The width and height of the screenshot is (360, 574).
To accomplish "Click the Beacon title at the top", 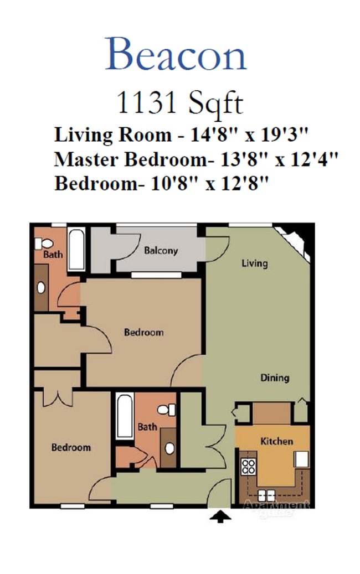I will (176, 54).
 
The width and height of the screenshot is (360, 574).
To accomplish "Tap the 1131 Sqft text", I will (179, 103).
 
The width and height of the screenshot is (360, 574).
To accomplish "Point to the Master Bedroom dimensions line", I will (196, 159).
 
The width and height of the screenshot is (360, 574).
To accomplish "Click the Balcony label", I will (161, 251).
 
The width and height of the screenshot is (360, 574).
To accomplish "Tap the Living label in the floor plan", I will (254, 263).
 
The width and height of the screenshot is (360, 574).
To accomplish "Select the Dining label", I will (275, 378).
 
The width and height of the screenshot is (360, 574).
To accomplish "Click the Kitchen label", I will (276, 441).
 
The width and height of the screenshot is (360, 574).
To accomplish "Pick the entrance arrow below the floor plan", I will (220, 517).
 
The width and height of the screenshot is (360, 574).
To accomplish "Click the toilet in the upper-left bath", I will (44, 243).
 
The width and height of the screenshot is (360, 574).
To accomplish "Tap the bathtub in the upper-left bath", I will (76, 250).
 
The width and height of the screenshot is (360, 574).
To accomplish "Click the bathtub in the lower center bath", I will (124, 417).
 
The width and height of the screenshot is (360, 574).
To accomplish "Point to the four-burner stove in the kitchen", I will (248, 466).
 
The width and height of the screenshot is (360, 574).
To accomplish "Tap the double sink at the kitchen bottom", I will (266, 496).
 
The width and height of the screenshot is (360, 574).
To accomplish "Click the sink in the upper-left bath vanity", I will (41, 288).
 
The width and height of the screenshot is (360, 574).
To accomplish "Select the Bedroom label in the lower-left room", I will (71, 447).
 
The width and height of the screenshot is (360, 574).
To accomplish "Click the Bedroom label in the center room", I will (143, 332).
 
